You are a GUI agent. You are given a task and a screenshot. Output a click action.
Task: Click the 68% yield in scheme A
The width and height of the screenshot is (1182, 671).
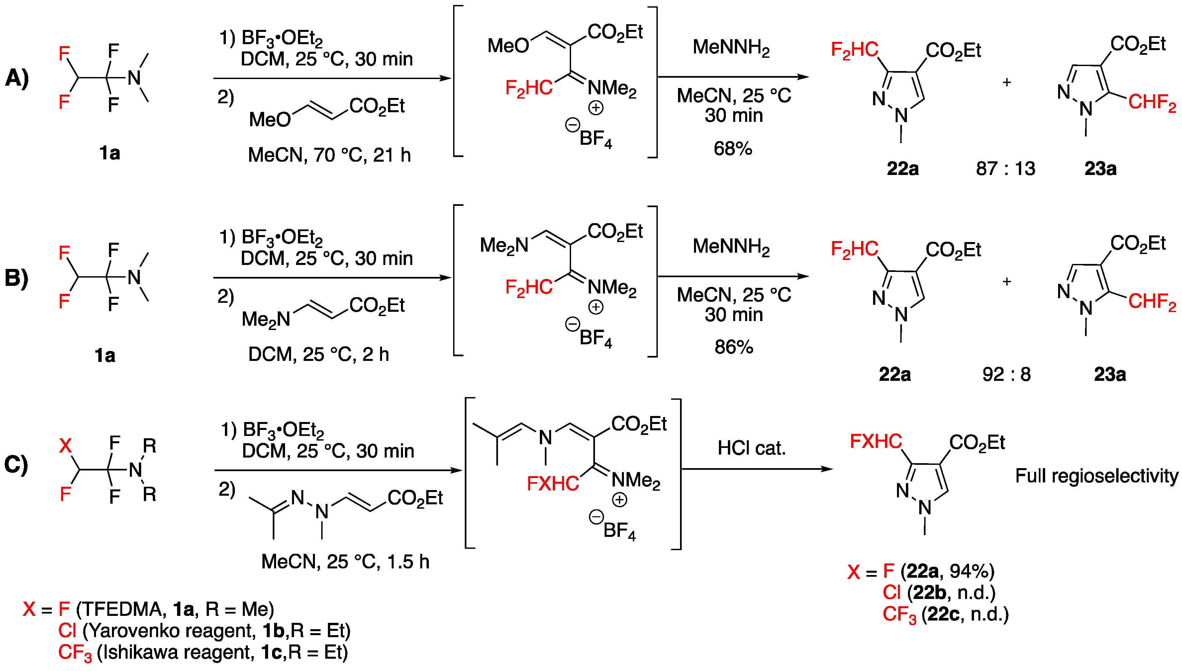click(733, 148)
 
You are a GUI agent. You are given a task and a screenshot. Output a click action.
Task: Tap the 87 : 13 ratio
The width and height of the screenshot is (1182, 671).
click(1006, 169)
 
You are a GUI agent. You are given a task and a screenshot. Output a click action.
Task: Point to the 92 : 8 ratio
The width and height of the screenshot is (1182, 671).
click(1006, 374)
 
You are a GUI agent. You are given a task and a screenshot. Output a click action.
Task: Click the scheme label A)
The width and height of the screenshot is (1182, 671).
click(17, 77)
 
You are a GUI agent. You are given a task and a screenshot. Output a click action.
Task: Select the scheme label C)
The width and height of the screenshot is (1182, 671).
click(16, 464)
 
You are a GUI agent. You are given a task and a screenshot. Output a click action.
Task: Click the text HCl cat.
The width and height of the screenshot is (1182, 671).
click(751, 448)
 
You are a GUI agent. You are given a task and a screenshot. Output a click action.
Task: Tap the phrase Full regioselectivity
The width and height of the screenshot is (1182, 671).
click(1097, 475)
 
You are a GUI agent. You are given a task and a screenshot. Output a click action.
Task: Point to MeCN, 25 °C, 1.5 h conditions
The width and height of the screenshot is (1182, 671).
click(345, 562)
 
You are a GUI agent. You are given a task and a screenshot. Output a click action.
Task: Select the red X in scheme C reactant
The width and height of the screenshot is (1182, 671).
click(65, 446)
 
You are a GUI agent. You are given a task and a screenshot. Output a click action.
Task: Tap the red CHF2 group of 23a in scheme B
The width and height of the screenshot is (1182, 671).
click(1151, 302)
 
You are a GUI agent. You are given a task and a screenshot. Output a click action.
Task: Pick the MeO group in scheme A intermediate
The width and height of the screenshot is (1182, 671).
click(508, 45)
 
